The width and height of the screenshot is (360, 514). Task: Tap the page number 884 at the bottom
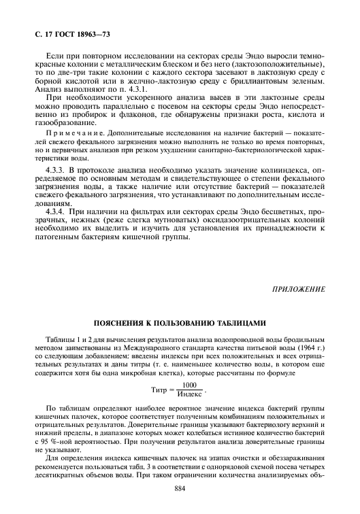click(180, 488)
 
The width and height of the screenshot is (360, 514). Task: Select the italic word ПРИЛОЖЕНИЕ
click(298, 289)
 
